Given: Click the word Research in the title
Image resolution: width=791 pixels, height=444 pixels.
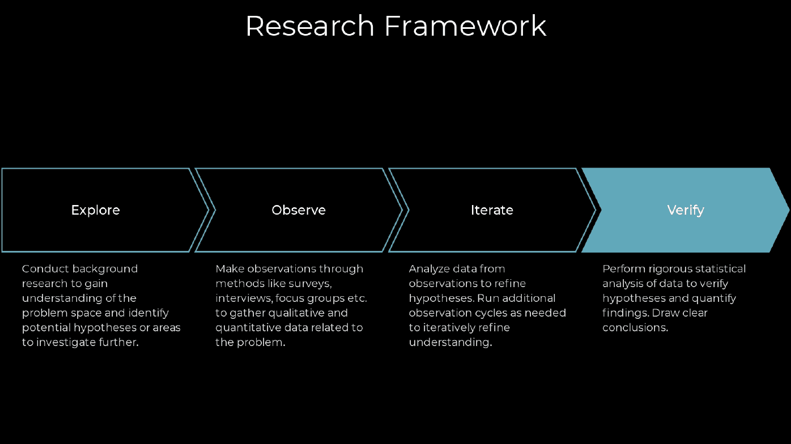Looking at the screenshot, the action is [x=310, y=25].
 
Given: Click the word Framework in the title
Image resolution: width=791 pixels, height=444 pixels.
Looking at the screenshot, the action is [x=465, y=25].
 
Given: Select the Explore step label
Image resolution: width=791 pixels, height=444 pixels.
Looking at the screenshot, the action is [x=95, y=210].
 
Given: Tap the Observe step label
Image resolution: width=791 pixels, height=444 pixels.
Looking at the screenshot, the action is [x=299, y=210].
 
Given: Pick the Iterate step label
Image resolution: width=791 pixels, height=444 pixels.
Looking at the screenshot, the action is [x=492, y=210].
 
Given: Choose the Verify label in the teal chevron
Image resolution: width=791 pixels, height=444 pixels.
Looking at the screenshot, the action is [x=686, y=210].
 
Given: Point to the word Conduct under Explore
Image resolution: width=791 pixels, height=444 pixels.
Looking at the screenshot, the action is [x=45, y=269].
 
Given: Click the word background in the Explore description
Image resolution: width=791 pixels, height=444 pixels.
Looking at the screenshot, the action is [x=105, y=270].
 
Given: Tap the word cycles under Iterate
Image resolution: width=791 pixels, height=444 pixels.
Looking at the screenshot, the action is [x=495, y=313].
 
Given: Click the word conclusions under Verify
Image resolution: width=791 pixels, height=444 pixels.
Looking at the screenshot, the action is [x=635, y=328].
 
